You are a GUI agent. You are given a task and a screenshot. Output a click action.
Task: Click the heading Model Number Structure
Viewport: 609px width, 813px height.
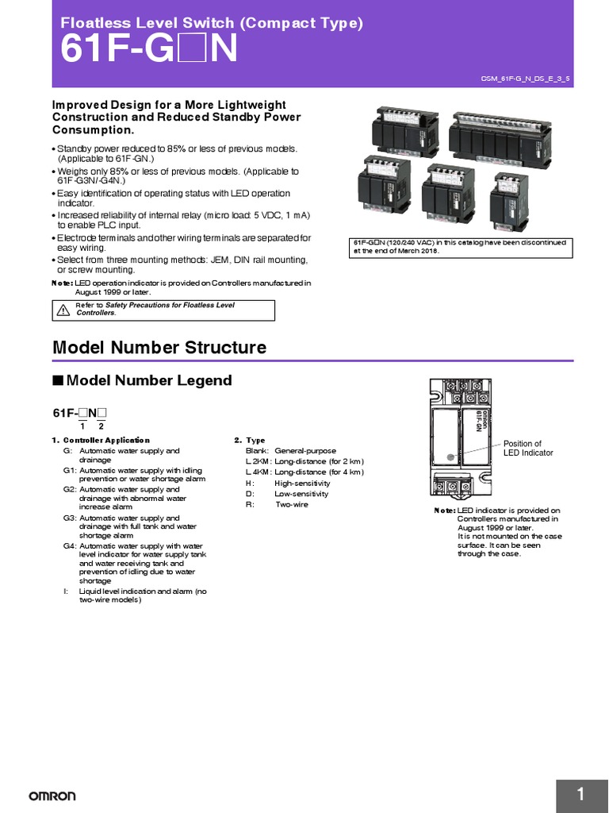coord(159,348)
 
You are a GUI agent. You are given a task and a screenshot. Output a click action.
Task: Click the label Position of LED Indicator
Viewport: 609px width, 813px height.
coord(527,449)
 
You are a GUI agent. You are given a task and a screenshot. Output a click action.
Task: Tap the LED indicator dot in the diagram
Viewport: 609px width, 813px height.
coord(450,457)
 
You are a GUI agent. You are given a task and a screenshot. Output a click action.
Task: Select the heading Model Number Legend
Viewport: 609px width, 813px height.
coord(148,380)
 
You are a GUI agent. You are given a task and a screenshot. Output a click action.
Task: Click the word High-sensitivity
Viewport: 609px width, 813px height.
coord(303,483)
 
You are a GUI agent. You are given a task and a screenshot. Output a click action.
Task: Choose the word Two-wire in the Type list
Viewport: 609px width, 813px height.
coord(292,504)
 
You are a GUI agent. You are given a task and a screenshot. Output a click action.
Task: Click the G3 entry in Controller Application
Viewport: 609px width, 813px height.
coord(69,518)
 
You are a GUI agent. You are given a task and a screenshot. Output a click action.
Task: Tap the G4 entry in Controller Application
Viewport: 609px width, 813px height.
coord(69,546)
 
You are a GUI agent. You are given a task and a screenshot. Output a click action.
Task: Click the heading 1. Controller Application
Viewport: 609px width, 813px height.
coord(101,440)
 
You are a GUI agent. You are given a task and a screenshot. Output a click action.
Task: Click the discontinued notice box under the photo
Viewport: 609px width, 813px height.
coord(461,247)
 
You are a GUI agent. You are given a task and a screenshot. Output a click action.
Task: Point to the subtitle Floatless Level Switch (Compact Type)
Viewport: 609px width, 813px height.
coord(212,24)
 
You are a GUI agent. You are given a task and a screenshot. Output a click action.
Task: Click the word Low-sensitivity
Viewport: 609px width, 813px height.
coord(301,494)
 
